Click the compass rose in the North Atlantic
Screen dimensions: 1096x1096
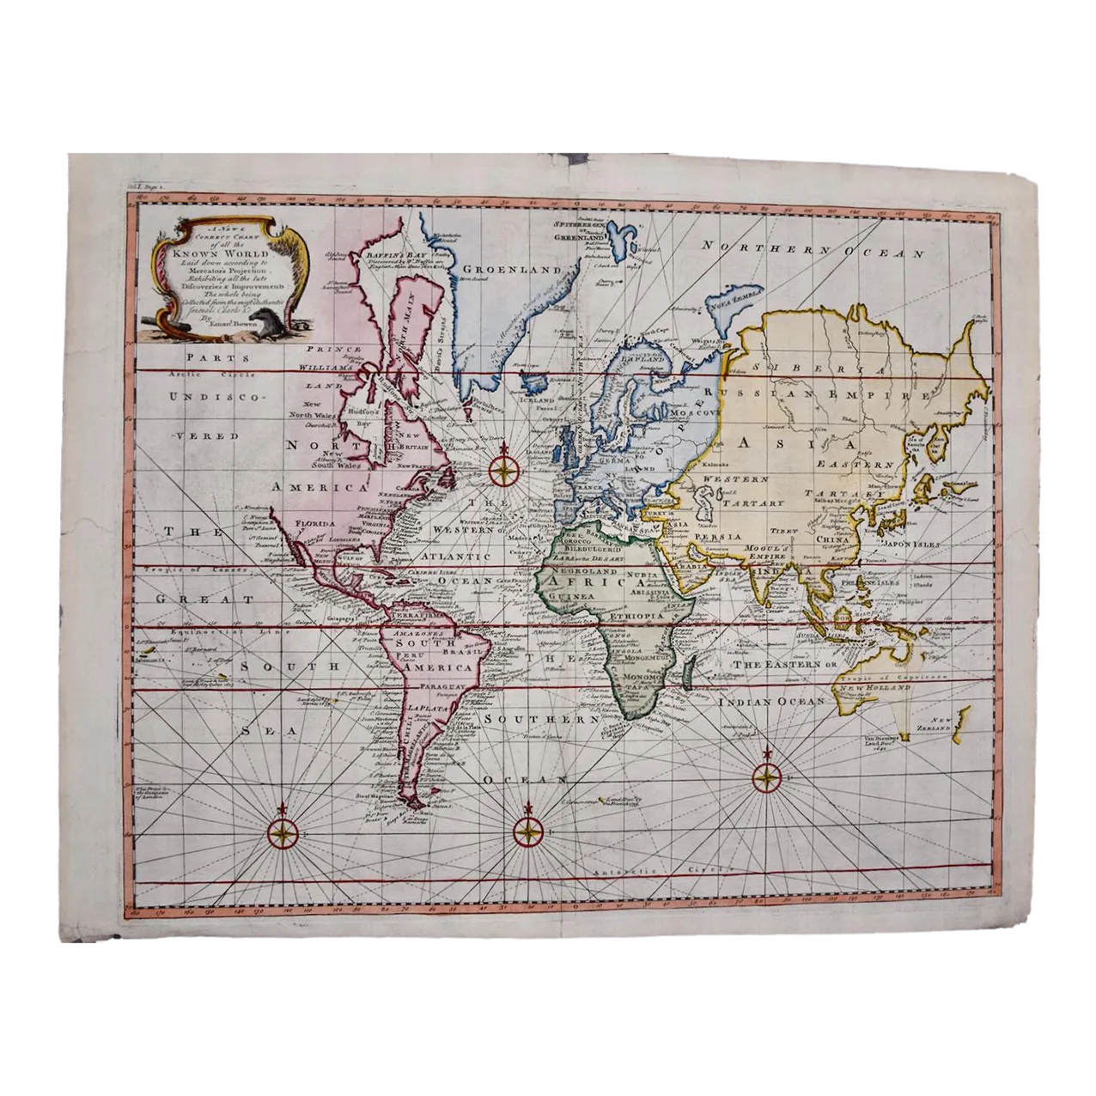point(504,470)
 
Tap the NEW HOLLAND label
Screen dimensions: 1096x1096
point(875,689)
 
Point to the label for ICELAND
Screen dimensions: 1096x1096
point(534,399)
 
